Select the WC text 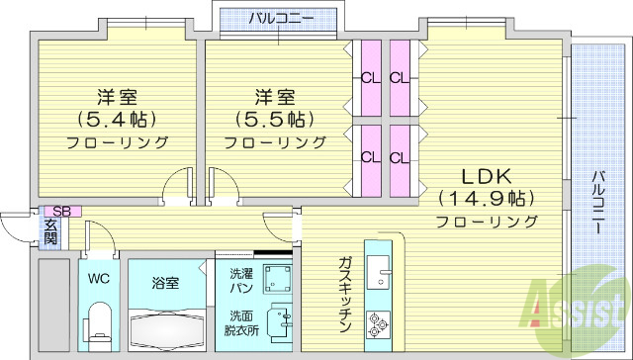point(98,279)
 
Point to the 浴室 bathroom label point(165,283)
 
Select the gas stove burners point(381,320)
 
